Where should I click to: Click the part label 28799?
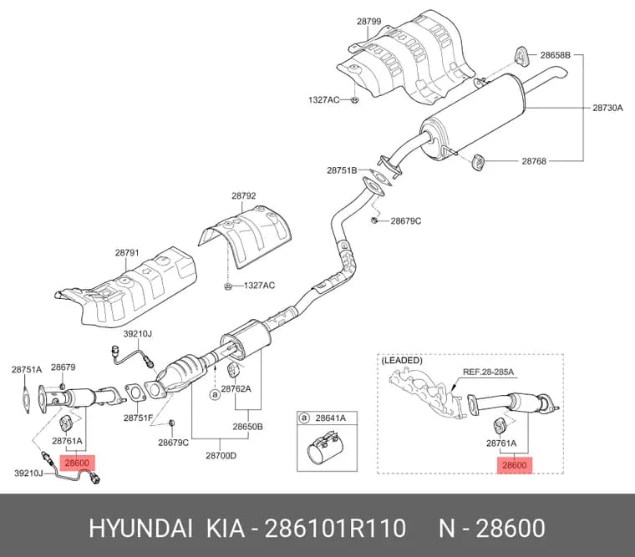[368, 21]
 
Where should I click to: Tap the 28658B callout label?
[556, 55]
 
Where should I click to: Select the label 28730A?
[607, 108]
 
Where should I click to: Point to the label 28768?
[534, 161]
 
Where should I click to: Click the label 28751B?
[342, 170]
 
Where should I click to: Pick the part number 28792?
[244, 196]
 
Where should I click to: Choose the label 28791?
[127, 252]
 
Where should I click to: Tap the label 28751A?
[27, 369]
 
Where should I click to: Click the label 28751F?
[138, 418]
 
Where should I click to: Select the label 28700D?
[221, 456]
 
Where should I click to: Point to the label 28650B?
[247, 427]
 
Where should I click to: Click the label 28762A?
[236, 389]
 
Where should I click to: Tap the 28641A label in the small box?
[331, 418]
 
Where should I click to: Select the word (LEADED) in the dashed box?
[402, 360]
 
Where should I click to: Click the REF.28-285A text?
[489, 372]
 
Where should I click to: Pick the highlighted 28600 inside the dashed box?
[515, 465]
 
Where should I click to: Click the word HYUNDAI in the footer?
[140, 529]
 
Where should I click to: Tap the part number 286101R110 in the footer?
[335, 529]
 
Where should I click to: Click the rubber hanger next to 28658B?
[521, 55]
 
